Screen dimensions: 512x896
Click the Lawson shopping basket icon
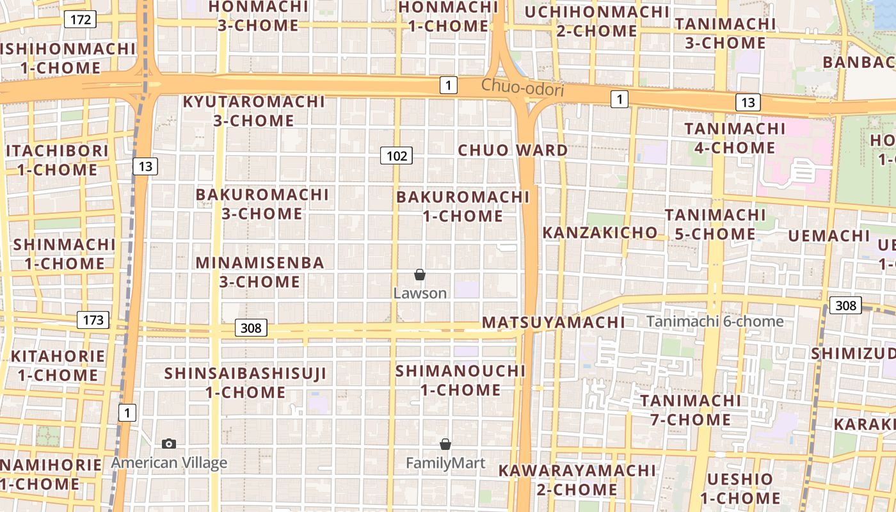(420, 275)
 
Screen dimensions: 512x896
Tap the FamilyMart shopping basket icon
(445, 444)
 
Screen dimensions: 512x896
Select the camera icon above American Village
(169, 444)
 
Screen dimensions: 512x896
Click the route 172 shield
(80, 19)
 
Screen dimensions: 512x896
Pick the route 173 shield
(93, 320)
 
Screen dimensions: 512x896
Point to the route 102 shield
(396, 156)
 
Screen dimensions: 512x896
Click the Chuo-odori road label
(522, 88)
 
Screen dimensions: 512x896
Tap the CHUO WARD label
(513, 150)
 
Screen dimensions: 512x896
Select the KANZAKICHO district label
(600, 232)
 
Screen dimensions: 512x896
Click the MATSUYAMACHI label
(553, 322)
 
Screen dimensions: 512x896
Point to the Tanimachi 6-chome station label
(715, 321)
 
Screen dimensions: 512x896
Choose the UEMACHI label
(829, 236)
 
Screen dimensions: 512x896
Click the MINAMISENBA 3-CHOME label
(260, 272)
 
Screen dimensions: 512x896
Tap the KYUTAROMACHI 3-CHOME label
(254, 111)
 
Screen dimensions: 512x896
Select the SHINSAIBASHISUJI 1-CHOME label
(246, 382)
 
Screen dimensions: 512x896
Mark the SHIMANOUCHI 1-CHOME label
(460, 380)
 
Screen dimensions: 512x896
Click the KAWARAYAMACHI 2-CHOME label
(577, 480)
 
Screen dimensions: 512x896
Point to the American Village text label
(169, 463)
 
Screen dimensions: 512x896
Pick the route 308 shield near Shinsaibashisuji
(251, 328)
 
